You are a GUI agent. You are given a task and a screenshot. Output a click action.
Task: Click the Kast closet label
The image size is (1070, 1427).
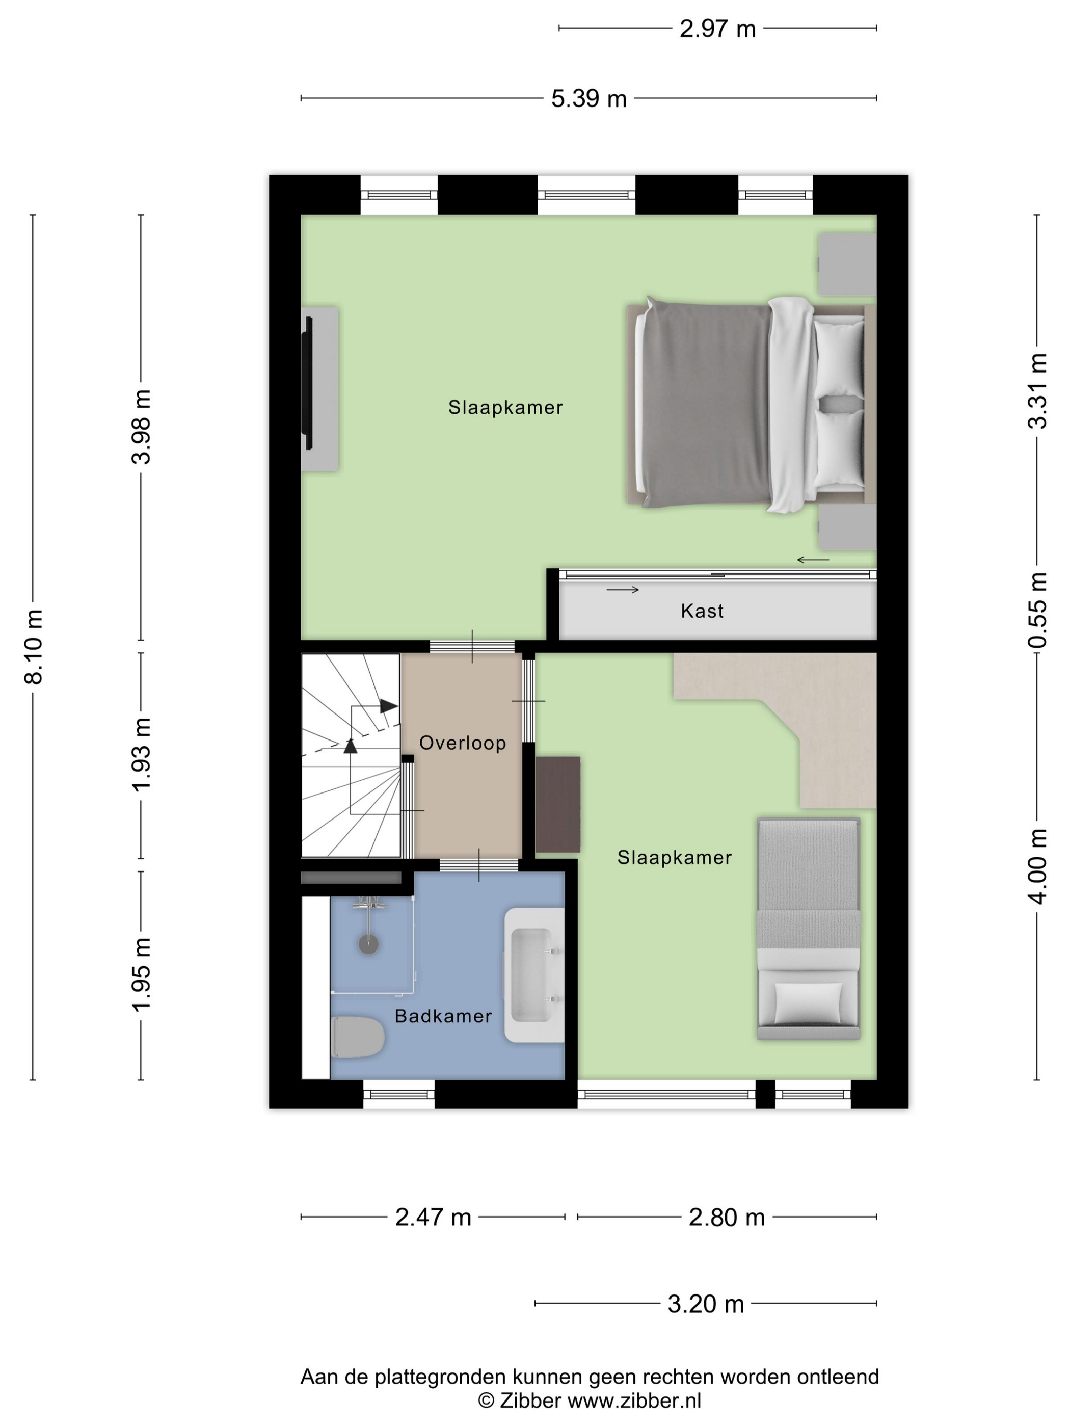(x=702, y=611)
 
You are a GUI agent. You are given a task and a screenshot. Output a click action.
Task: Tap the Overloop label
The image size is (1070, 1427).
(x=463, y=743)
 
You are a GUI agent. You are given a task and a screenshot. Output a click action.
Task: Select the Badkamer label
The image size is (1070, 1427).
(x=443, y=1016)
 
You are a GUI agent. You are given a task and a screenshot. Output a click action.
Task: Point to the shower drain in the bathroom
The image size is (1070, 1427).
(x=368, y=944)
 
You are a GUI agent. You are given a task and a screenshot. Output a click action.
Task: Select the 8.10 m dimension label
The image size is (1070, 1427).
(x=34, y=646)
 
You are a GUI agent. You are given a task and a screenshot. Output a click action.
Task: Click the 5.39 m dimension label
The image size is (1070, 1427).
(x=588, y=99)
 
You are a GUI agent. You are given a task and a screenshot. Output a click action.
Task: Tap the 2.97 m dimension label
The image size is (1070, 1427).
(x=717, y=29)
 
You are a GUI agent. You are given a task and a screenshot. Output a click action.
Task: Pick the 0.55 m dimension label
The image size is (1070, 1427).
(x=1037, y=610)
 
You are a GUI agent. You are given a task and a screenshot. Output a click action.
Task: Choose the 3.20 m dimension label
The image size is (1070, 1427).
(x=706, y=1304)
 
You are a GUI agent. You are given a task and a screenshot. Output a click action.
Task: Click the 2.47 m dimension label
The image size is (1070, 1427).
(x=433, y=1218)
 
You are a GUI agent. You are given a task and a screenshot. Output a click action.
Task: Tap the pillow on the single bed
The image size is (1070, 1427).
(x=808, y=1003)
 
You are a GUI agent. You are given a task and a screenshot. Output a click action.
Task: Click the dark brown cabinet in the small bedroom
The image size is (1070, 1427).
(x=558, y=804)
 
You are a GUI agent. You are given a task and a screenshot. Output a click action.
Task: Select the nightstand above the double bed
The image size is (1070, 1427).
(x=847, y=265)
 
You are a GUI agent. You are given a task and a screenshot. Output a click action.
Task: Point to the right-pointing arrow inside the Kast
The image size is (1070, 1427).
(x=623, y=590)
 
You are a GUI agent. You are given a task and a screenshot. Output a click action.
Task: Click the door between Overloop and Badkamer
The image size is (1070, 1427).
(x=479, y=865)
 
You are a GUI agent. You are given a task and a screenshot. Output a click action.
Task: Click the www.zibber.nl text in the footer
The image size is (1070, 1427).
(x=634, y=1400)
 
